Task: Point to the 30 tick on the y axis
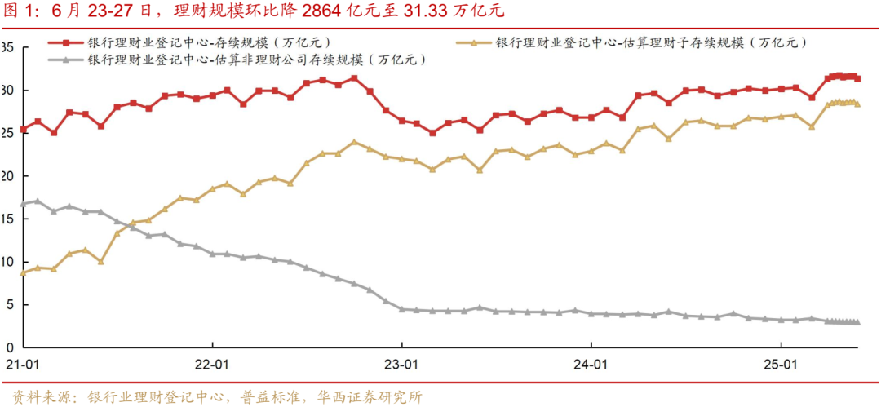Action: (x=9, y=90)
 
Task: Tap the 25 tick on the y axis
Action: (x=9, y=133)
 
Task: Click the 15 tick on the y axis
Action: (x=9, y=219)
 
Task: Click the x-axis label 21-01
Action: (x=22, y=363)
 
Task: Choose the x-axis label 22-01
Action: (x=212, y=363)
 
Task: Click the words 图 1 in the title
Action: (x=20, y=11)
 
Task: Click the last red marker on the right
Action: (x=857, y=79)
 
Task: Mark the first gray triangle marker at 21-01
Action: (x=23, y=204)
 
